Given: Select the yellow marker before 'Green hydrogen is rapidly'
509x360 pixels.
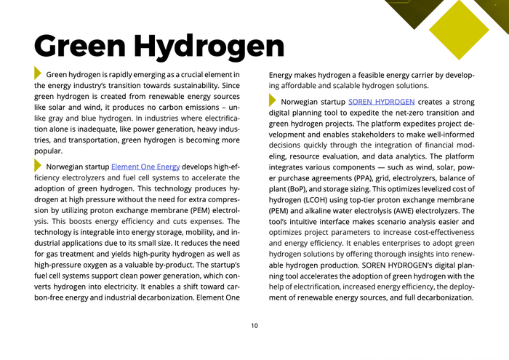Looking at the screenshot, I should [x=39, y=74].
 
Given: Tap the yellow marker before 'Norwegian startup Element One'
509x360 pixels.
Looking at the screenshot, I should [x=39, y=166].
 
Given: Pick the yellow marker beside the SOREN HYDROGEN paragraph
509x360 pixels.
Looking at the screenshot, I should [x=273, y=100].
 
